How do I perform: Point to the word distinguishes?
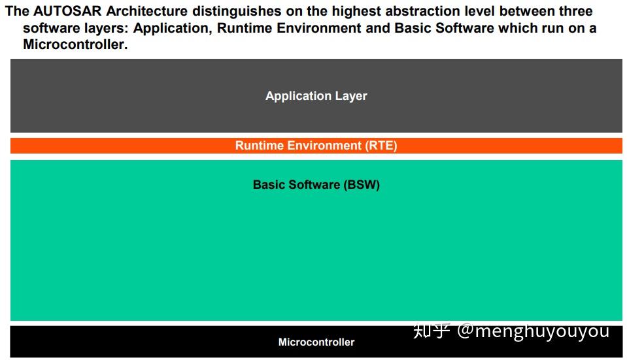point(235,11)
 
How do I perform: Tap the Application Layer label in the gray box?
point(316,96)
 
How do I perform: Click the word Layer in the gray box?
point(351,96)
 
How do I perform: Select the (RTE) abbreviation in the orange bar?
point(381,146)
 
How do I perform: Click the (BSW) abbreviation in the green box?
point(362,185)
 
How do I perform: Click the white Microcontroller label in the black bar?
point(316,342)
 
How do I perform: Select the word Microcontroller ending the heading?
point(75,45)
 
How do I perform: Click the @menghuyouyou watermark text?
point(533,331)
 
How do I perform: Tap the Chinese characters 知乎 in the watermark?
point(432,331)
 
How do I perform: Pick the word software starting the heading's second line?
point(49,28)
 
